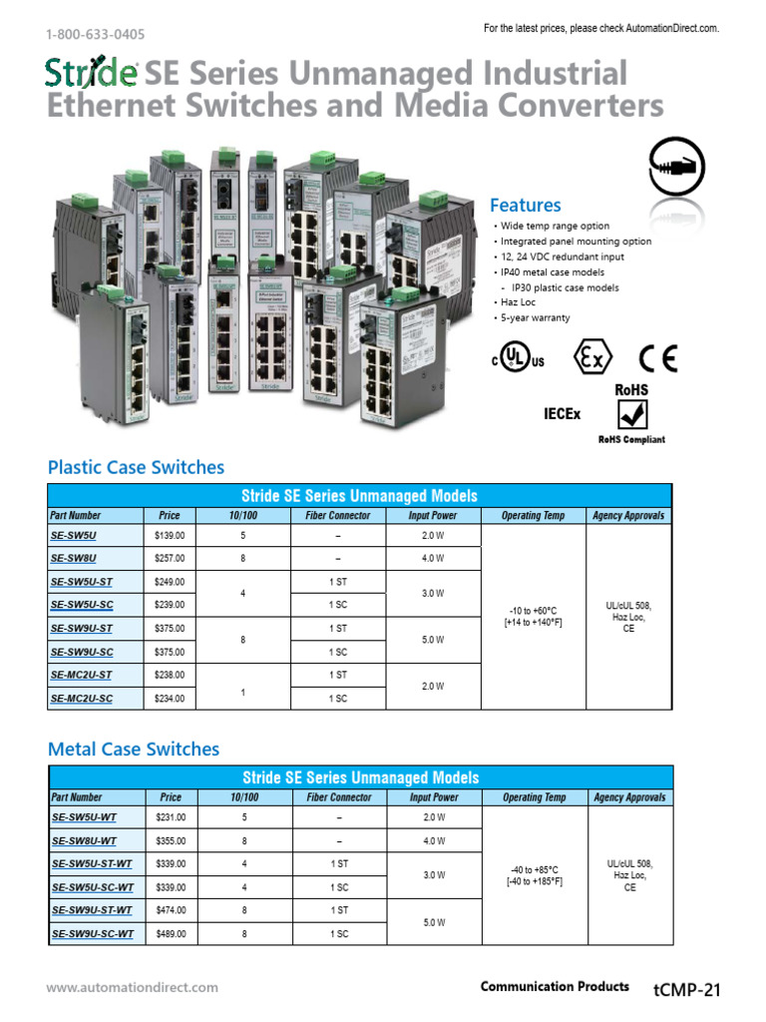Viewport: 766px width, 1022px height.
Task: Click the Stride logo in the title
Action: click(x=92, y=74)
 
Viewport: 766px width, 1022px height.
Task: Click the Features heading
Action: click(x=525, y=206)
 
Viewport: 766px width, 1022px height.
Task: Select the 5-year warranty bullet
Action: click(x=535, y=317)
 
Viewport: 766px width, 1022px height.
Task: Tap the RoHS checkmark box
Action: click(x=631, y=415)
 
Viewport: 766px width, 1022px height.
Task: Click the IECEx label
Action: click(x=562, y=412)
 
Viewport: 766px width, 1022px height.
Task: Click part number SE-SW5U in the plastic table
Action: click(x=73, y=536)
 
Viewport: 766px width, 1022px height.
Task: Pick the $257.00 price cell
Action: click(x=170, y=559)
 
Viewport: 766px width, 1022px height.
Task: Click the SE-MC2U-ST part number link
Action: click(x=81, y=675)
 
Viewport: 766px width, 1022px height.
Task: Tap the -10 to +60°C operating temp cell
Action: click(x=534, y=617)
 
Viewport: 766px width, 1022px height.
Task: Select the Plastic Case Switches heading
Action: click(x=136, y=467)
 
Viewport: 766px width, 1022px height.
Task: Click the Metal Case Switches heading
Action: click(x=134, y=749)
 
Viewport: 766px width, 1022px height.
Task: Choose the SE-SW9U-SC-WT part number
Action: click(x=92, y=934)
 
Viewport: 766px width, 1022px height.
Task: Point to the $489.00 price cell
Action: click(x=171, y=934)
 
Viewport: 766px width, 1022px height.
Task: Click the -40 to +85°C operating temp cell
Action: click(x=535, y=874)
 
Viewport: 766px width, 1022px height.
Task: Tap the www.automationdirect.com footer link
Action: click(x=132, y=988)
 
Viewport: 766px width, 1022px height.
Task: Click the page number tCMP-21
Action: click(x=686, y=990)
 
